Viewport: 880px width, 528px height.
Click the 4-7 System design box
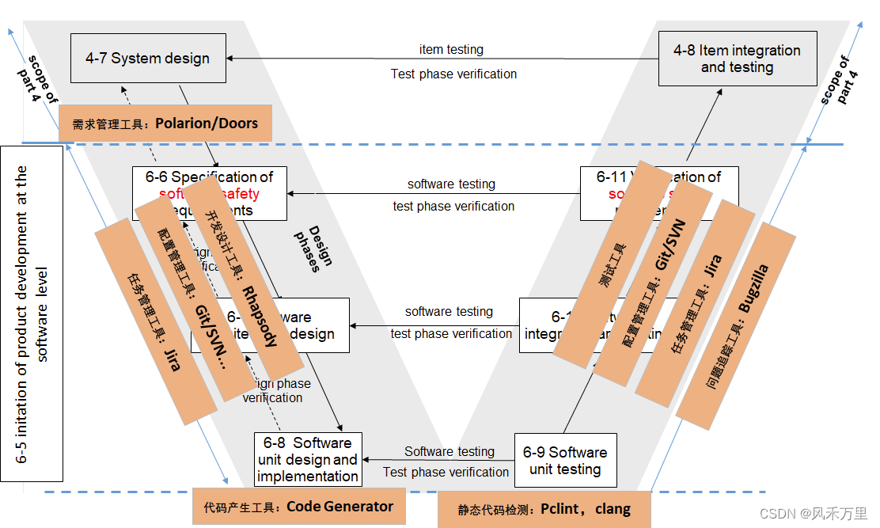pyautogui.click(x=148, y=58)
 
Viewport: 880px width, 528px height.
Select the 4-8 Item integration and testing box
pyautogui.click(x=738, y=59)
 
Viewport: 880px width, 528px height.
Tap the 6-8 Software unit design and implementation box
pyautogui.click(x=308, y=459)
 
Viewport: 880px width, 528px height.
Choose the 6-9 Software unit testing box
pyautogui.click(x=565, y=460)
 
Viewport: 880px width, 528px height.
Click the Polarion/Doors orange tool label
pyautogui.click(x=165, y=123)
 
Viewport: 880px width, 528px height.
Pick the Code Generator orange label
pyautogui.click(x=298, y=507)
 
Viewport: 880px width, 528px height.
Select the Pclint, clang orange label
pyautogui.click(x=544, y=509)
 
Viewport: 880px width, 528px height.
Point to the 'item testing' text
pyautogui.click(x=451, y=50)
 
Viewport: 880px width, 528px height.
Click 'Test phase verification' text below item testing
pyautogui.click(x=453, y=74)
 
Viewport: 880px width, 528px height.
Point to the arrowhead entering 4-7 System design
pyautogui.click(x=230, y=58)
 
